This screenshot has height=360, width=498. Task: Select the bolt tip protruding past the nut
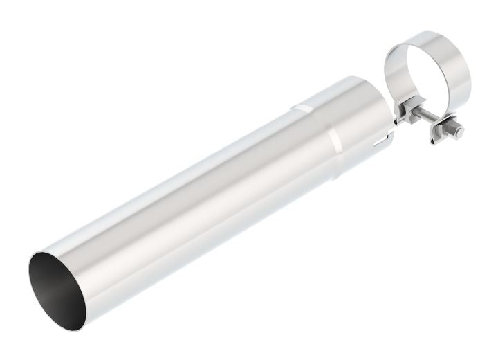(458, 131)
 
